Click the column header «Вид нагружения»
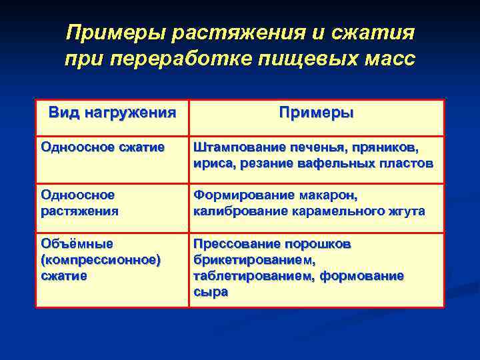click(112, 112)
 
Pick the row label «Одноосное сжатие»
click(102, 147)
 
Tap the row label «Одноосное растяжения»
click(79, 203)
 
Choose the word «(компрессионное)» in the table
click(101, 259)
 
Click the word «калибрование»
click(234, 211)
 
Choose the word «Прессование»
click(234, 243)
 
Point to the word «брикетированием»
click(254, 259)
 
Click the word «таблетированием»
click(249, 275)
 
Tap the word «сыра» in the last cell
click(210, 291)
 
